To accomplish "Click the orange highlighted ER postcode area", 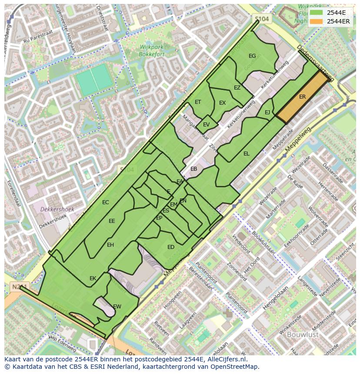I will (302, 97).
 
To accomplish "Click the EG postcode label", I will (252, 56).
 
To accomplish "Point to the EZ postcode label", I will (237, 88).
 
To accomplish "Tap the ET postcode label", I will (198, 103).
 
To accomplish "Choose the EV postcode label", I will (206, 125).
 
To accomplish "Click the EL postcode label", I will (247, 154).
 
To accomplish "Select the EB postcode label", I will (193, 169).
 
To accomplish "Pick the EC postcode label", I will (105, 202).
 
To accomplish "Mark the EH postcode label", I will (110, 245).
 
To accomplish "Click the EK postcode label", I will (93, 278).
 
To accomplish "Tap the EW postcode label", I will (117, 307).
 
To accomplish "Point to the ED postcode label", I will (171, 247).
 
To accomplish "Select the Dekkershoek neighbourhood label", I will (57, 209).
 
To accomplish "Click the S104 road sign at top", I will (262, 19).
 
